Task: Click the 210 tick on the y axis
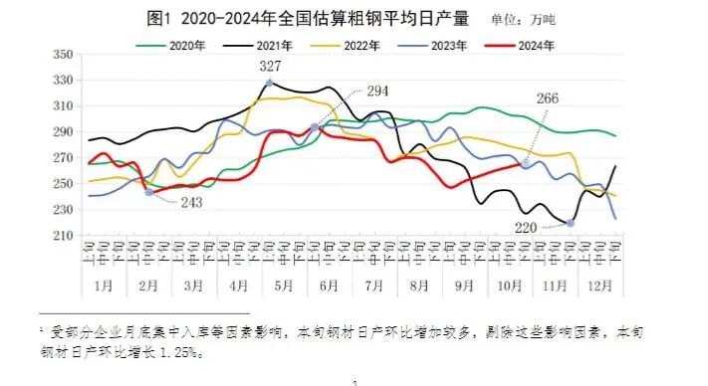coord(61,236)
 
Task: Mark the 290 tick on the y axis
coord(61,131)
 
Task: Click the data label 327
coord(270,67)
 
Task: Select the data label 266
coord(549,98)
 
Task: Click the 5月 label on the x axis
coord(284,285)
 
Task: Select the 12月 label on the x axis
coord(600,285)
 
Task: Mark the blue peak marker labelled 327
coord(269,83)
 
